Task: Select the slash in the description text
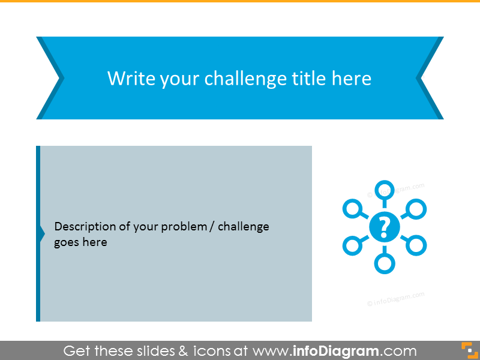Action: (x=213, y=227)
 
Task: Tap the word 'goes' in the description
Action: (x=66, y=242)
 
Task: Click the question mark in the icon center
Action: (x=384, y=227)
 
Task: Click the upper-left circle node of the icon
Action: (x=352, y=209)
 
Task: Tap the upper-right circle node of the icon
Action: (x=416, y=209)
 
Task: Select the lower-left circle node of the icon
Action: (x=352, y=245)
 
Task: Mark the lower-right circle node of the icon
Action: (x=416, y=245)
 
